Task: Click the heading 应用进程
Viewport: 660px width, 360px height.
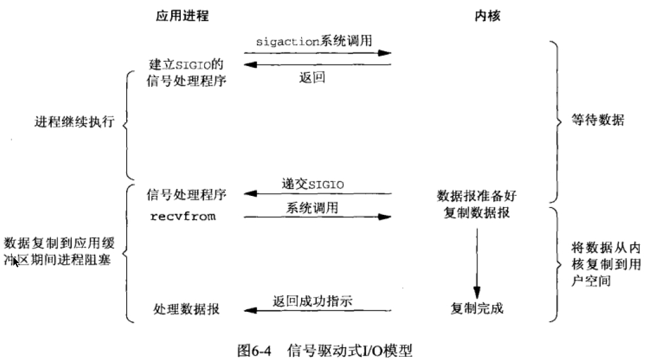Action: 182,16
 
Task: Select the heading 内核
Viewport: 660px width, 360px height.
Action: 488,16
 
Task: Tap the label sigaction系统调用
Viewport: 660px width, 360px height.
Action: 314,41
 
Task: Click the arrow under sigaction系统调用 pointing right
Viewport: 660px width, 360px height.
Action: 318,53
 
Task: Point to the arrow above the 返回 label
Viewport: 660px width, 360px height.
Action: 318,65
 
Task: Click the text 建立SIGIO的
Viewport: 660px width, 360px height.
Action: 186,65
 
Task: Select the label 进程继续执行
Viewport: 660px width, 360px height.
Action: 75,122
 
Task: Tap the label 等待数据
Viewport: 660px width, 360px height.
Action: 598,120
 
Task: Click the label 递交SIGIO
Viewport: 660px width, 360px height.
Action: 313,184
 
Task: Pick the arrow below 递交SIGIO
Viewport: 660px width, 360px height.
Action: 318,194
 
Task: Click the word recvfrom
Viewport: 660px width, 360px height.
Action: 183,217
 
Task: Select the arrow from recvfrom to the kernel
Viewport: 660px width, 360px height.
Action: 318,217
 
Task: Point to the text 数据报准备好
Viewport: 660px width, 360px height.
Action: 477,196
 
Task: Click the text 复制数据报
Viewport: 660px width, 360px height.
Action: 477,213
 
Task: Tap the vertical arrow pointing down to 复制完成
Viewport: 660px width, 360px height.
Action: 477,264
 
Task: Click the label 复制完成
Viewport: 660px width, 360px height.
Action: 477,309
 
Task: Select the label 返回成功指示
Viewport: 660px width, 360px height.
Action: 313,301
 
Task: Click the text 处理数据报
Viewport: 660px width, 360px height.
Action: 186,309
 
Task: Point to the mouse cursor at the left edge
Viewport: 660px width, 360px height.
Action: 16,262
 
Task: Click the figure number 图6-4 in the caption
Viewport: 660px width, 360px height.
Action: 254,350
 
